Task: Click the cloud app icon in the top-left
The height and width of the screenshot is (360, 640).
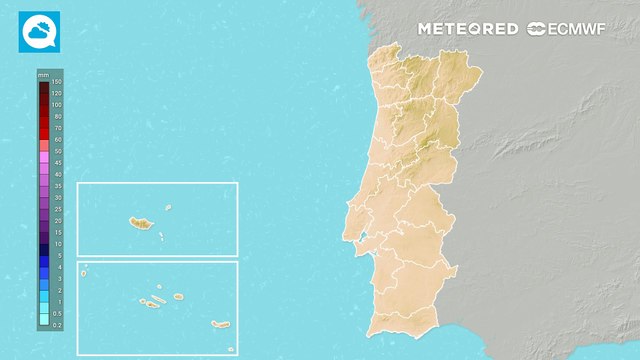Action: point(39,31)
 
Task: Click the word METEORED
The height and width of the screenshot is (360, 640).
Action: point(468,29)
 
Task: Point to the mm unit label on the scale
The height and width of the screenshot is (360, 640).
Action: point(44,75)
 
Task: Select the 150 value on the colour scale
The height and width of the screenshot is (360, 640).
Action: point(57,82)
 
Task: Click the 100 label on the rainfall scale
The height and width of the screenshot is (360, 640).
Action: point(57,104)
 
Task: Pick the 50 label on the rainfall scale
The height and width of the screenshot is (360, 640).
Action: point(57,151)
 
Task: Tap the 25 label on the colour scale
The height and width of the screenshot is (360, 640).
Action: point(57,209)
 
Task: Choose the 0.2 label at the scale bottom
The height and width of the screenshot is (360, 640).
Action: point(57,325)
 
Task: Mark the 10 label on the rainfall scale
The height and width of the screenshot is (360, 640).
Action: point(57,244)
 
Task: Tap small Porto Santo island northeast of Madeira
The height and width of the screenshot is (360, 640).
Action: point(169,208)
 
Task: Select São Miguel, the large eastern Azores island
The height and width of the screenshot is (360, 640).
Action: point(221,324)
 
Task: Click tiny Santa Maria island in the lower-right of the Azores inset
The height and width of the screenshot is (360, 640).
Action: point(231,349)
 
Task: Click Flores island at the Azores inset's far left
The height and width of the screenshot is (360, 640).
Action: point(85,269)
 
